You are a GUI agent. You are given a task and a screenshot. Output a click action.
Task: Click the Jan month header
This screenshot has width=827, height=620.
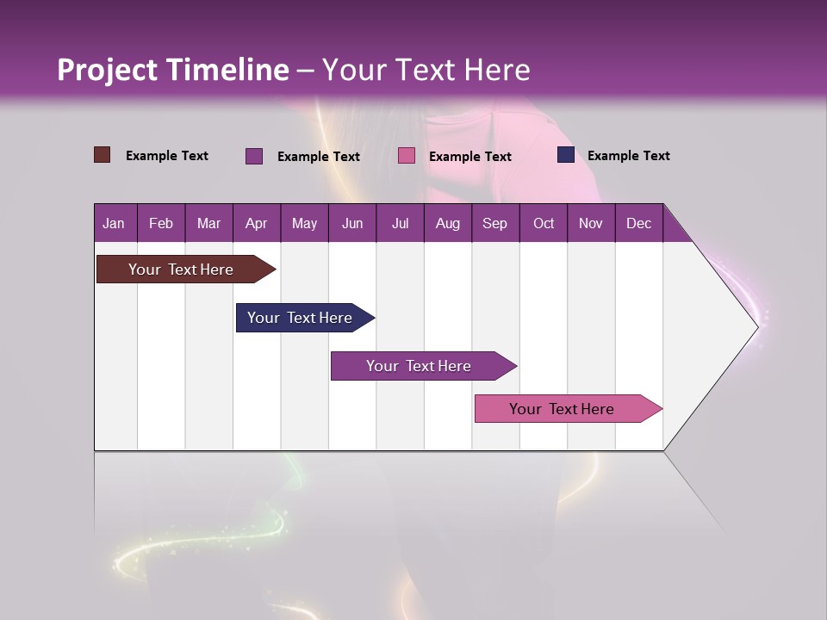click(x=114, y=223)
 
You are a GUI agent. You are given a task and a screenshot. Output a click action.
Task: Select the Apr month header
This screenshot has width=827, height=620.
click(x=256, y=223)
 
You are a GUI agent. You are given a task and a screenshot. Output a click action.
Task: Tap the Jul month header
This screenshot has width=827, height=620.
click(x=400, y=223)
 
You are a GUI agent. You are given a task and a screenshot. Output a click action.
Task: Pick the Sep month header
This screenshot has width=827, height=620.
click(x=494, y=223)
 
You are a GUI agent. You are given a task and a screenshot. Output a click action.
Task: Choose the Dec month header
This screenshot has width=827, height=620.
click(x=638, y=223)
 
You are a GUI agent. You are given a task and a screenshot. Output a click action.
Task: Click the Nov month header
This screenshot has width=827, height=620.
click(x=590, y=223)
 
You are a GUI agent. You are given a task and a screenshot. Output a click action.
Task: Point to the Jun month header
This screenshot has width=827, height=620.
click(x=351, y=223)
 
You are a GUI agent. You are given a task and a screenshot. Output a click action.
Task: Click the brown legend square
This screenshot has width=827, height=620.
click(x=102, y=155)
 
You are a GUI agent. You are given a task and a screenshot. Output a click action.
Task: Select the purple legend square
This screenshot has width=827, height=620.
click(x=253, y=156)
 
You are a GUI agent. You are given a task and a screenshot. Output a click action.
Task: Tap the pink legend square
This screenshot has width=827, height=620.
click(x=407, y=156)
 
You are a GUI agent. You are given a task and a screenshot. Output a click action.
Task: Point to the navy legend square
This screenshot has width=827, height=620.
click(x=565, y=155)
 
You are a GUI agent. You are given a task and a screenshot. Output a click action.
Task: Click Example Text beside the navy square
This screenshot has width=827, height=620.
click(x=628, y=156)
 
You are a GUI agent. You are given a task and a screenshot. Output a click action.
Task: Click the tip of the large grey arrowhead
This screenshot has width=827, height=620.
click(x=756, y=326)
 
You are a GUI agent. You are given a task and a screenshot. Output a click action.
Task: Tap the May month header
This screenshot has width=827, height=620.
click(x=304, y=223)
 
